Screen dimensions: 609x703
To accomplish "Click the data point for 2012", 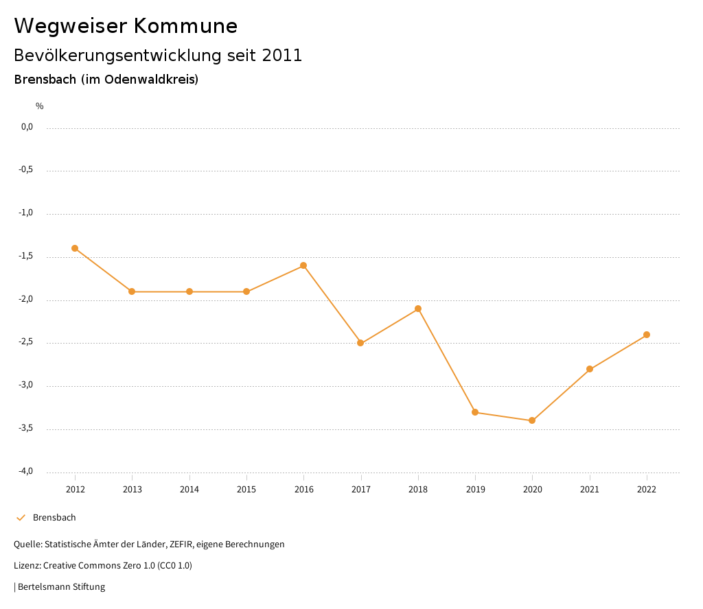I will click(x=75, y=248).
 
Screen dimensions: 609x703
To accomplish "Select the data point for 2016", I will click(x=303, y=265).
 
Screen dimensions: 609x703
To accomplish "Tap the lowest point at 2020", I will click(x=532, y=420).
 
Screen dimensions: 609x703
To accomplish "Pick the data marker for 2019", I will click(x=475, y=412).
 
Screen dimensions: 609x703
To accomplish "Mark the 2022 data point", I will click(x=647, y=335).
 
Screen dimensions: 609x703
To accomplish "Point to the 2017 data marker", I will click(x=360, y=343).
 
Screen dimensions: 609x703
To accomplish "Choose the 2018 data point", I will click(x=418, y=309).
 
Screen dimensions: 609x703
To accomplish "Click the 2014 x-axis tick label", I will click(x=189, y=490).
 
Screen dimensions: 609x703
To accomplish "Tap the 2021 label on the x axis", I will click(x=590, y=490).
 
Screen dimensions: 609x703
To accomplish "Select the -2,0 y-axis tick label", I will click(x=26, y=300).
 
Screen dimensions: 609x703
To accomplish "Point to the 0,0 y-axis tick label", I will click(x=27, y=127).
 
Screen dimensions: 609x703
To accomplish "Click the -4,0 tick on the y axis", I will click(x=26, y=471).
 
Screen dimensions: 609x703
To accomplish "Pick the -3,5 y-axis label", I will click(x=26, y=429).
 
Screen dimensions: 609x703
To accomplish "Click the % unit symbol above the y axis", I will click(x=40, y=106).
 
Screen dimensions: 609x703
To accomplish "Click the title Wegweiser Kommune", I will click(x=126, y=26).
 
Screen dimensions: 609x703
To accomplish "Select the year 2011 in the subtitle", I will click(x=282, y=56).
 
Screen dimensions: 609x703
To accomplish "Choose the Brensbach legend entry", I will click(x=54, y=518).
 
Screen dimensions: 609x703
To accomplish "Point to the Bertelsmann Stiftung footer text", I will click(x=61, y=587).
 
